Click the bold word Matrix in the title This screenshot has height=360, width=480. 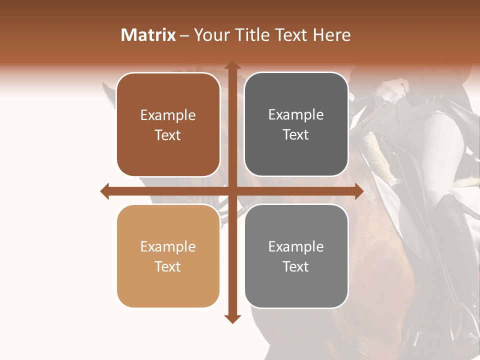pyautogui.click(x=148, y=35)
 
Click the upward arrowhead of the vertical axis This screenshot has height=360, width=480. pyautogui.click(x=232, y=65)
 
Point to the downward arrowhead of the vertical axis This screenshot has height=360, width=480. pyautogui.click(x=232, y=318)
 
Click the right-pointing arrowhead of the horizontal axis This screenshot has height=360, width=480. pyautogui.click(x=358, y=191)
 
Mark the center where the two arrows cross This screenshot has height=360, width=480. pyautogui.click(x=232, y=191)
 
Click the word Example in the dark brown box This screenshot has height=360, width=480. pyautogui.click(x=168, y=115)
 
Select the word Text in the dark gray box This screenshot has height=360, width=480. pyautogui.click(x=296, y=135)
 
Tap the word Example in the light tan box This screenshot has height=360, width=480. pyautogui.click(x=168, y=247)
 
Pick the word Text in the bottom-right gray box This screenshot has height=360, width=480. pyautogui.click(x=296, y=266)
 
